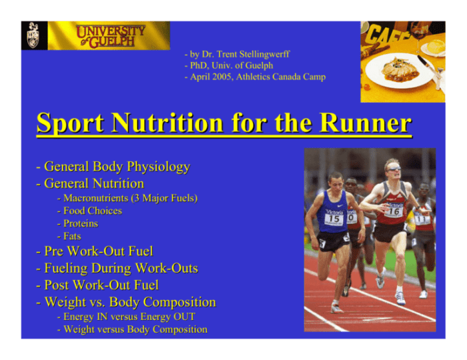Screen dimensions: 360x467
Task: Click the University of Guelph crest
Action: pyautogui.click(x=33, y=35)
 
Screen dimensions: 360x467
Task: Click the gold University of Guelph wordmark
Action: pyautogui.click(x=109, y=35)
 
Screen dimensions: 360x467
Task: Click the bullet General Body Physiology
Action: pyautogui.click(x=117, y=167)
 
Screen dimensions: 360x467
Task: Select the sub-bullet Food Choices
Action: pyautogui.click(x=93, y=211)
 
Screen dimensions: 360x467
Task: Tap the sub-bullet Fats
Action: pyautogui.click(x=72, y=236)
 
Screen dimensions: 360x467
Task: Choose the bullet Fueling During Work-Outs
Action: pyautogui.click(x=120, y=268)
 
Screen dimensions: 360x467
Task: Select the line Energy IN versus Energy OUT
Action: pyautogui.click(x=129, y=317)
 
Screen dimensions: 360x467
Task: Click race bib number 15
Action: pyautogui.click(x=333, y=219)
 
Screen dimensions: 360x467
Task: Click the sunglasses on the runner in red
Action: pyautogui.click(x=393, y=168)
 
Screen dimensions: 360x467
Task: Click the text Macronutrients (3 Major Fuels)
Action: pyautogui.click(x=131, y=198)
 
